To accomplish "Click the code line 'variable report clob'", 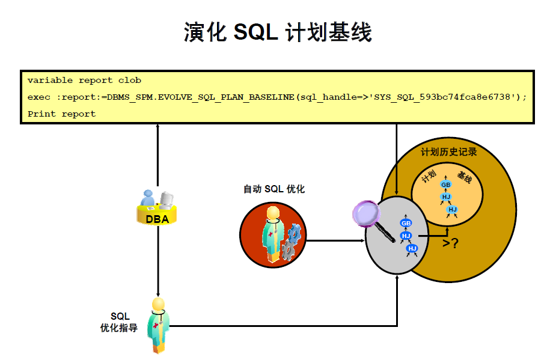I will click(x=84, y=80).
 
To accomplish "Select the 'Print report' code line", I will click(x=61, y=114).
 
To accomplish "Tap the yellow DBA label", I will click(x=157, y=219).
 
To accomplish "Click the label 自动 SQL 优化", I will click(x=274, y=189).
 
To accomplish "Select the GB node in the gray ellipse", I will click(x=406, y=223).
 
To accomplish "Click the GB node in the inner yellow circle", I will click(x=445, y=185).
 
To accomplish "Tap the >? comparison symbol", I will click(x=450, y=243).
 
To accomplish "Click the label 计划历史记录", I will click(x=449, y=152).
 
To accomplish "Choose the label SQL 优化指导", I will click(x=119, y=322).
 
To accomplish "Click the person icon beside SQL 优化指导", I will click(x=159, y=324).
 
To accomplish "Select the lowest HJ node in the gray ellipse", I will click(x=412, y=248).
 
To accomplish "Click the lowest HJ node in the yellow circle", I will click(x=452, y=209).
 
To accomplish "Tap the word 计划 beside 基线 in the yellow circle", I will click(x=429, y=177).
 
